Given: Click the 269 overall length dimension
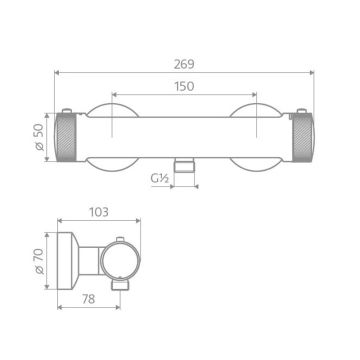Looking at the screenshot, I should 183,63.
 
